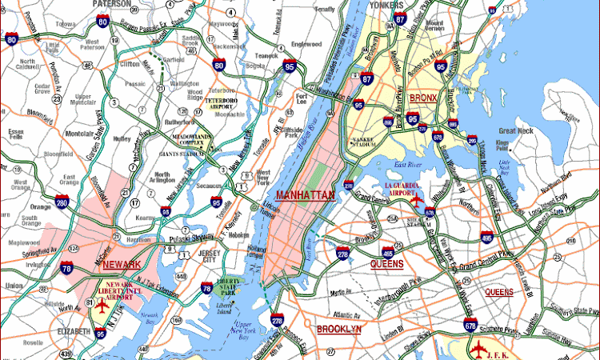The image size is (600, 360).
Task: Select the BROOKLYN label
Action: click(339, 329)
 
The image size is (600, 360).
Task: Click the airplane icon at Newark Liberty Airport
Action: click(102, 306)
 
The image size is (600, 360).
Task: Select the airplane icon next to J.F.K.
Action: click(478, 349)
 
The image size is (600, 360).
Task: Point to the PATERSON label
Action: click(111, 4)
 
